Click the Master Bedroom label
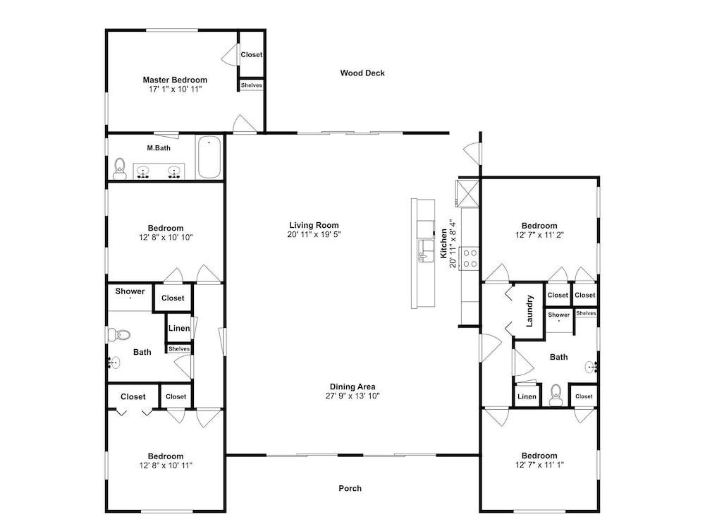point(175,80)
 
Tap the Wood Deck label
point(362,73)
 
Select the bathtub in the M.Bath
point(209,157)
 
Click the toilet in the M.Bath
point(120,169)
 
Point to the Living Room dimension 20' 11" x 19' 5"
point(314,234)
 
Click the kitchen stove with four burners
point(470,258)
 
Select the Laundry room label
point(529,311)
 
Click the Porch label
point(350,488)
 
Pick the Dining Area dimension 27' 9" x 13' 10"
point(353,396)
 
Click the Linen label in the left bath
point(179,329)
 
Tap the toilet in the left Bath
point(118,335)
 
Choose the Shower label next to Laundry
point(559,315)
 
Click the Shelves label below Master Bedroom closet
point(252,85)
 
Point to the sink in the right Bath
point(591,367)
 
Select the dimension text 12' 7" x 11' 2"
point(539,235)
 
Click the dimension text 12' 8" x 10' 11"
point(166,466)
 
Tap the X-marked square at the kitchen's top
point(467,193)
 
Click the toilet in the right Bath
point(556,395)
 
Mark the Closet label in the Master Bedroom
point(252,54)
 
